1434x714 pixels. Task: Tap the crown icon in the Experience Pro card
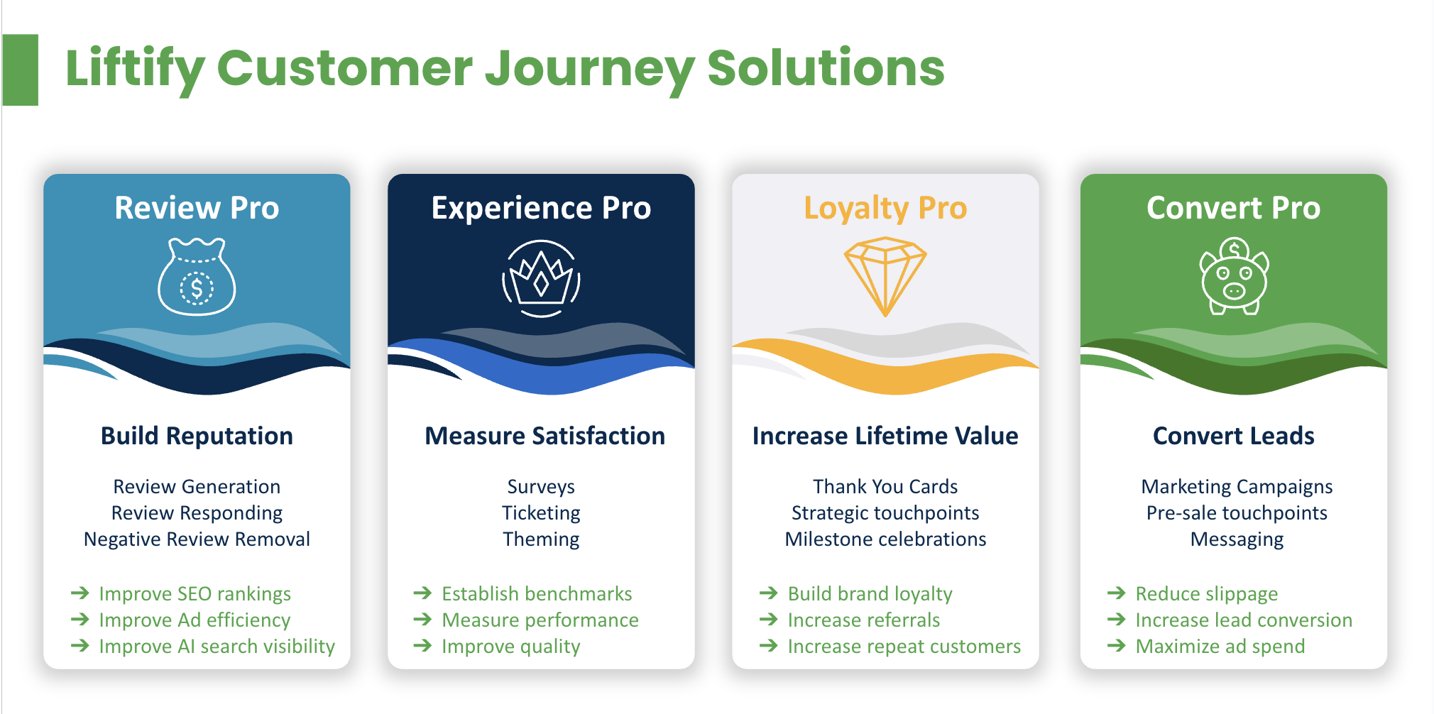541,278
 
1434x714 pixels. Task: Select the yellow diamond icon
885,277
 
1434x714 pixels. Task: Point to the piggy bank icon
1234,277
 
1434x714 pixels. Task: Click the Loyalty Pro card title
885,208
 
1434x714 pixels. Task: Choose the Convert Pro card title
1234,208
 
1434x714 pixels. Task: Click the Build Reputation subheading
197,436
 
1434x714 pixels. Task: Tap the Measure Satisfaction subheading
544,436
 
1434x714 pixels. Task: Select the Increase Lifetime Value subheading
885,436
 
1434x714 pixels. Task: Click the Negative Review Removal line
197,539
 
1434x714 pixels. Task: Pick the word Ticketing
541,513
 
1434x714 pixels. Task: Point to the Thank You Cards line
885,486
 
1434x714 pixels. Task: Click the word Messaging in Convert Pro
1237,539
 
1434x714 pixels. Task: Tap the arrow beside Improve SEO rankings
80,593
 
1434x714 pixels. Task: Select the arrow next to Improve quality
422,645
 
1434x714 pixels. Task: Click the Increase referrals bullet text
864,620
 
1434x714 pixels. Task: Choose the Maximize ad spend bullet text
1220,647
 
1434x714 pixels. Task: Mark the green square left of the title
20,70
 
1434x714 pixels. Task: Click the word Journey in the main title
591,69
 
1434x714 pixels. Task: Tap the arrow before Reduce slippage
1117,593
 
